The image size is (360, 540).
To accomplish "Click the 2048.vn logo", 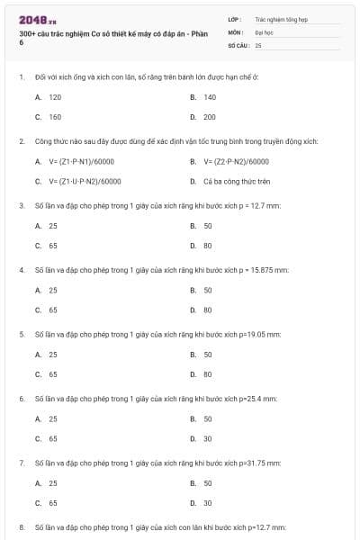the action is coord(37,19).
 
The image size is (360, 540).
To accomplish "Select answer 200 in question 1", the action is coord(208,117).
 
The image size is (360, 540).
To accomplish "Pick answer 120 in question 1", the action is coord(54,96).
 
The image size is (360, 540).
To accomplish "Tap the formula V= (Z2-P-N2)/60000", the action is coord(236,161).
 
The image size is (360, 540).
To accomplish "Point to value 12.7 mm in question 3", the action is coord(270,205).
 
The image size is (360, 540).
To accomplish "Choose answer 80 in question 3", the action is coord(207,245).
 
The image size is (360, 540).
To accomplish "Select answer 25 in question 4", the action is coord(53,290).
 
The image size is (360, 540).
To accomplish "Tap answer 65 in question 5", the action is coord(53,373).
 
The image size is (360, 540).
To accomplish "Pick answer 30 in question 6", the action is coord(207,438).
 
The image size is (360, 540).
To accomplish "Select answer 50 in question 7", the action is coord(207,482).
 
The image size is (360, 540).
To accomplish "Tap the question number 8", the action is coord(22,526).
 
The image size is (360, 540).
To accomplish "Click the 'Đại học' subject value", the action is coord(264,31).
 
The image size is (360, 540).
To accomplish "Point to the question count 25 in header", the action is coord(258,44).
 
